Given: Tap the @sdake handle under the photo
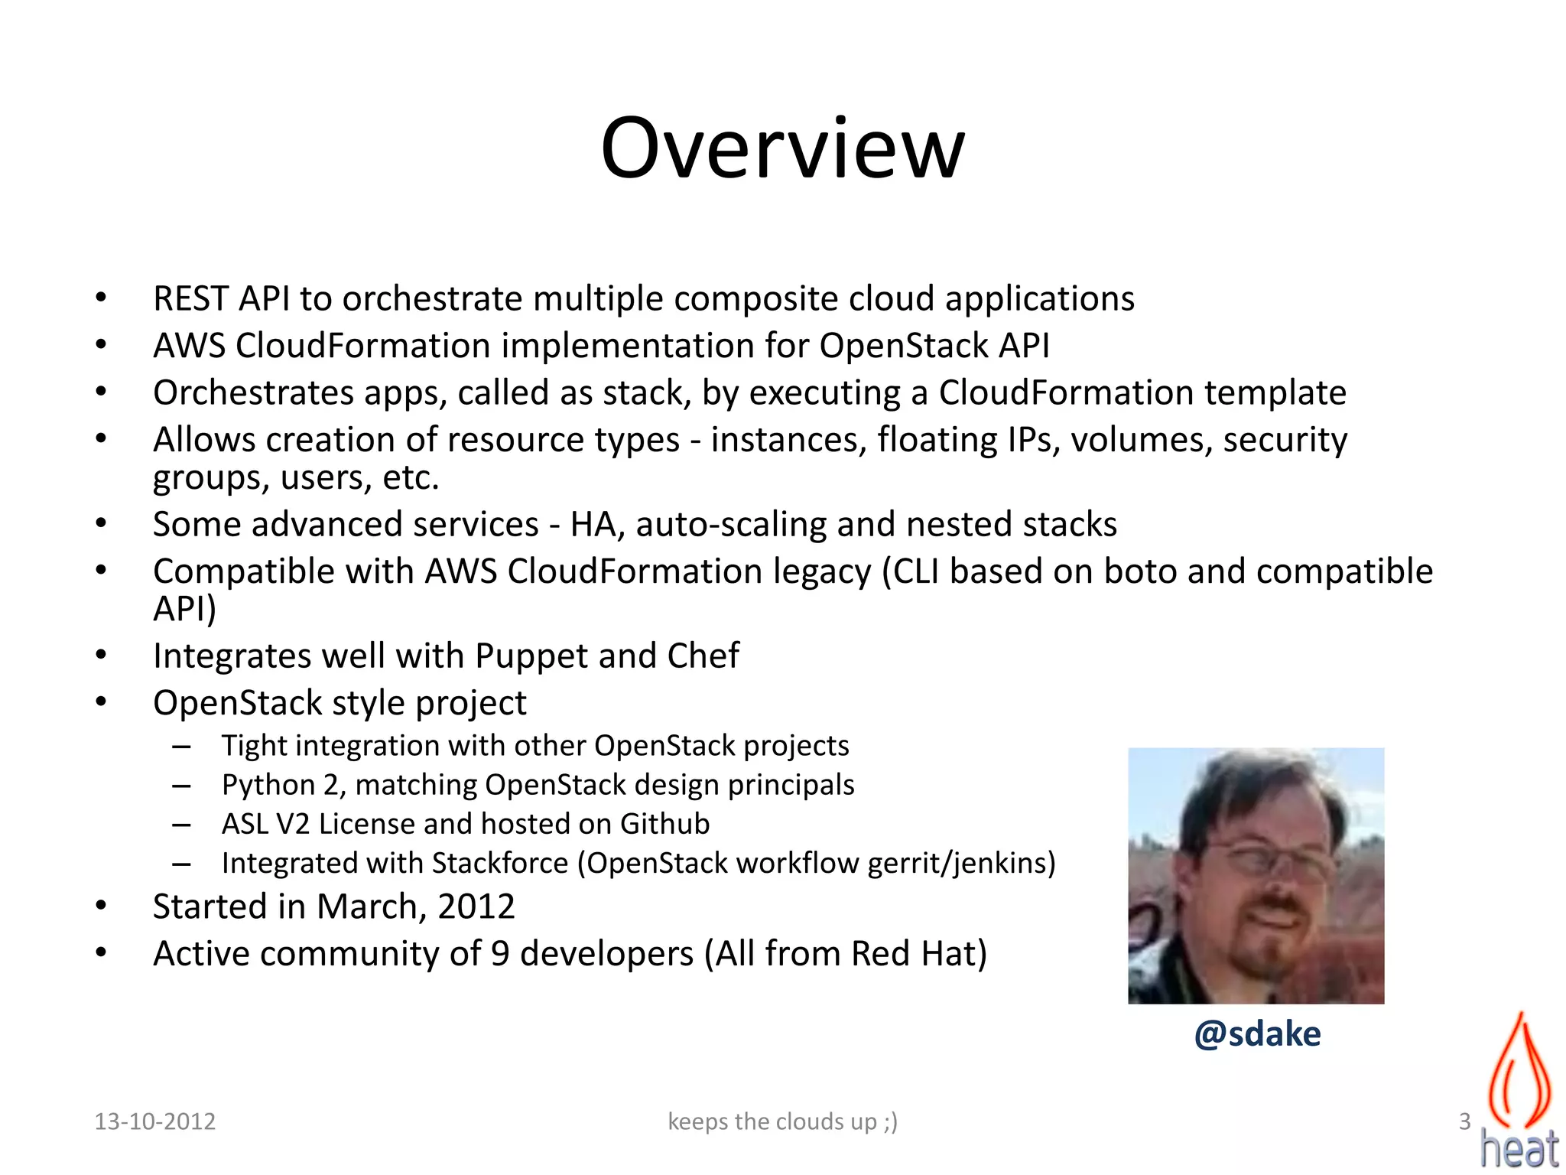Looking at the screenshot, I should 1257,1033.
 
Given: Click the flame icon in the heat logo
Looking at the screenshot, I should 1520,1071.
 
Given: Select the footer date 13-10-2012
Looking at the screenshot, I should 154,1121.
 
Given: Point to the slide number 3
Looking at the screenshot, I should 1464,1121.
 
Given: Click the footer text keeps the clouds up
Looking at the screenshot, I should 782,1121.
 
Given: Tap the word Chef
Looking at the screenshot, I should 703,656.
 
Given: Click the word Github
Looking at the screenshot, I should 664,824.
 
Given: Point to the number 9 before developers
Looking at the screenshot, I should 500,954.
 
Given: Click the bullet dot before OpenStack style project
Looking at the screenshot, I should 101,702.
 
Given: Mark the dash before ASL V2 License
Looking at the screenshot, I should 181,825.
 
